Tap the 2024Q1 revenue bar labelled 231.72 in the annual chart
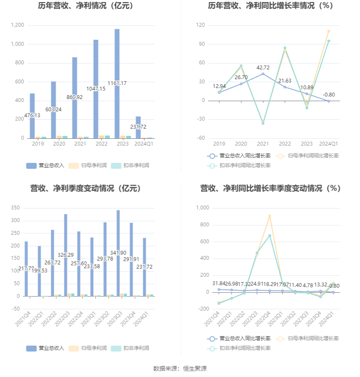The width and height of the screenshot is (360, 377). [x=138, y=127]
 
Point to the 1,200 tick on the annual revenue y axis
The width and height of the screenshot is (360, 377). [x=17, y=25]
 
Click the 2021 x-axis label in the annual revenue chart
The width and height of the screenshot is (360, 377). [x=80, y=144]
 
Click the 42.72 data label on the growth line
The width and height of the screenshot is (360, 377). [x=263, y=68]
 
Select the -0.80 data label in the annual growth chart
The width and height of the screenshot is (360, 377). [x=329, y=95]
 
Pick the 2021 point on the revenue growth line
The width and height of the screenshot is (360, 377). [x=263, y=74]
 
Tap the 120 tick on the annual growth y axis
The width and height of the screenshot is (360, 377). [x=201, y=25]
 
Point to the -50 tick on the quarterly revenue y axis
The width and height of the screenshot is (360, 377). [x=15, y=309]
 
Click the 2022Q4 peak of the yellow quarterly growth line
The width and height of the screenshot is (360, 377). [x=269, y=216]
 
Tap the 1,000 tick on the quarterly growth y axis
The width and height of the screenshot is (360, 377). [x=202, y=208]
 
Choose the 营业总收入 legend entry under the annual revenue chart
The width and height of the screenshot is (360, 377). [x=45, y=165]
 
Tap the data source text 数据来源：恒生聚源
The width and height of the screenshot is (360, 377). [x=180, y=369]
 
